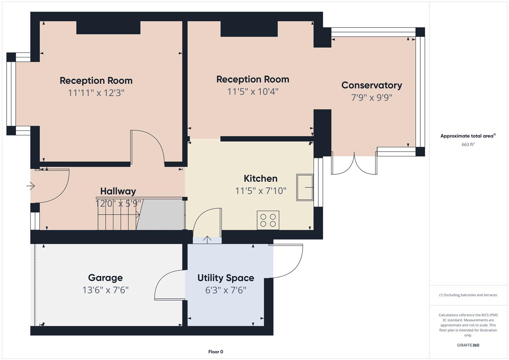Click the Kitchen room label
pos(260,178)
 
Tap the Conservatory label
pos(372,85)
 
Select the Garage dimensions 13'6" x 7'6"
pos(105,290)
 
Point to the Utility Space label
pos(226,278)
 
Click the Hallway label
pos(118,191)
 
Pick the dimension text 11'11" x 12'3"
pos(96,93)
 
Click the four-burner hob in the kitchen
pos(268,220)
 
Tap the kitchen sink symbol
pos(305,187)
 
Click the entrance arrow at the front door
pos(30,186)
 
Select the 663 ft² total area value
pos(468,144)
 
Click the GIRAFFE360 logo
pos(468,345)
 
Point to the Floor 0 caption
pos(216,352)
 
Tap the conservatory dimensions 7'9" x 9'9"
pos(372,97)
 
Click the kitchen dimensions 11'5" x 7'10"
pos(260,191)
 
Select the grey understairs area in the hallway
pos(160,215)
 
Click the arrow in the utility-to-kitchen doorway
pos(207,240)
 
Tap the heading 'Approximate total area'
pos(467,136)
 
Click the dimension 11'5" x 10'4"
pos(253,92)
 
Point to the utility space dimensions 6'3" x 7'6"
pos(226,290)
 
